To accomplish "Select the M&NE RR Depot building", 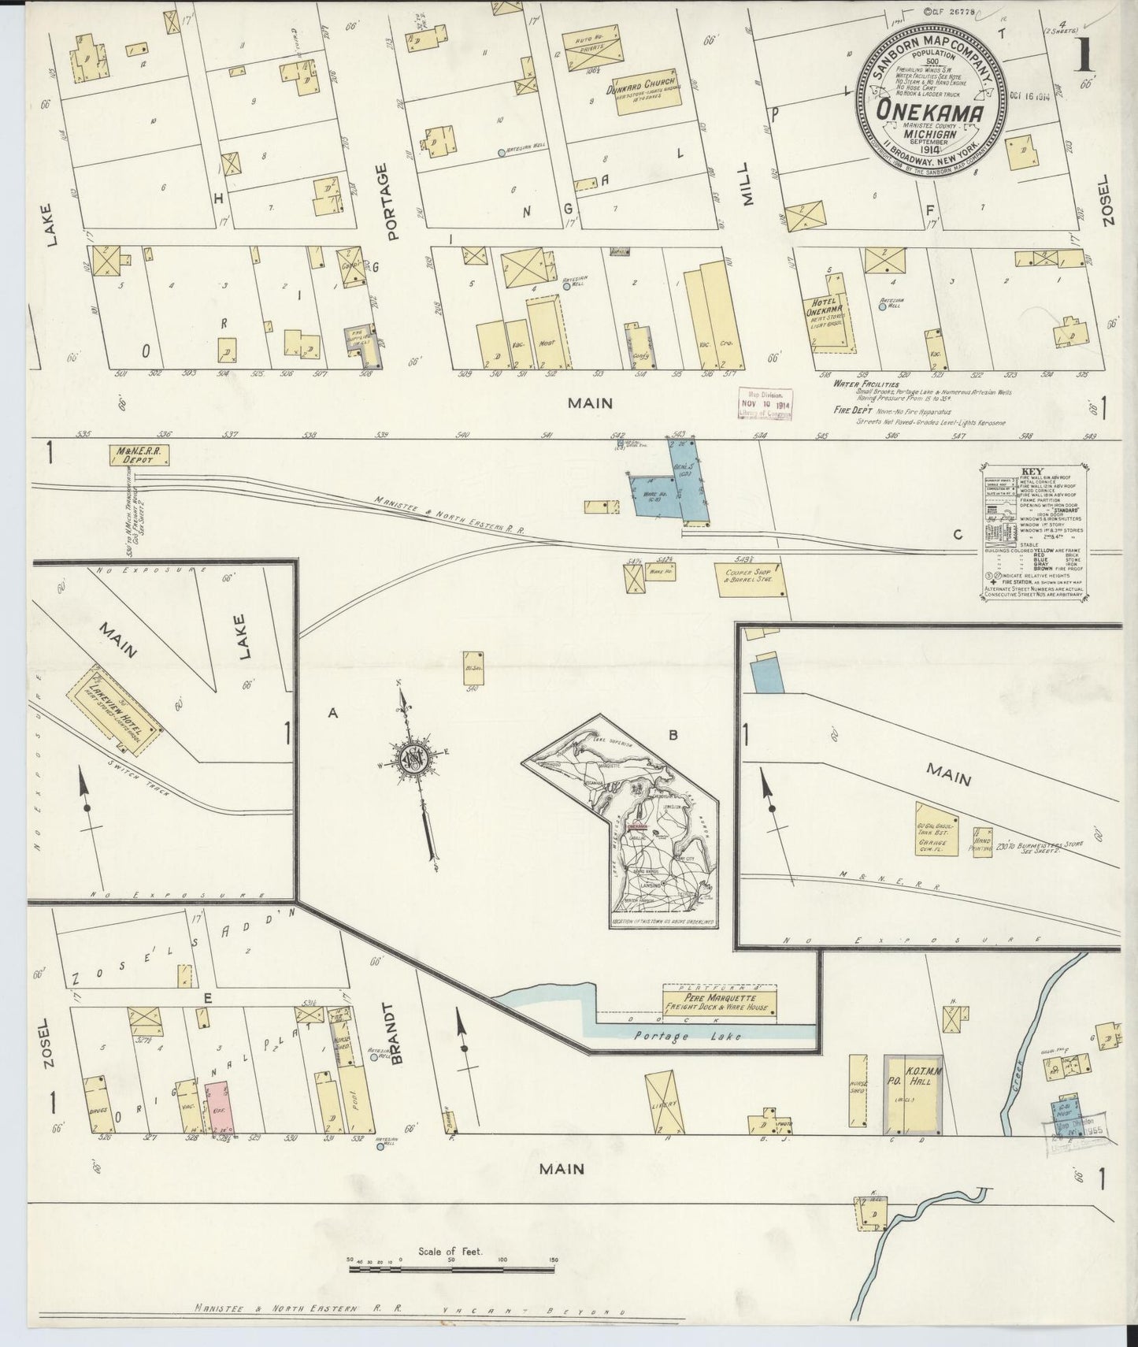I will click(x=140, y=455).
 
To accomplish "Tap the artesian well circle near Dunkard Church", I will click(x=502, y=153).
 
